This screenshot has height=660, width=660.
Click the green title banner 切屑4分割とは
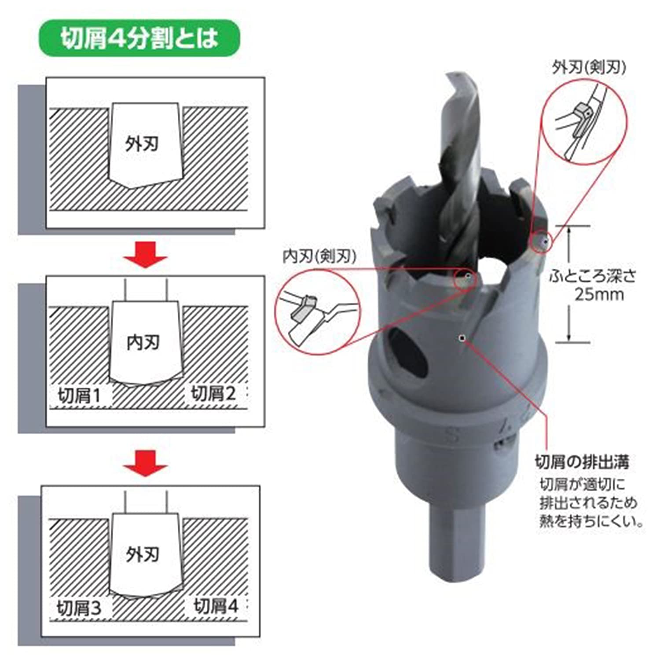[139, 38]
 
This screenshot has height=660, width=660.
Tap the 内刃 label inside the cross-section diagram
[143, 342]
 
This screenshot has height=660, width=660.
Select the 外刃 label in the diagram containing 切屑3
[142, 554]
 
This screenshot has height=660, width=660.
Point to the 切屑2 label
[213, 393]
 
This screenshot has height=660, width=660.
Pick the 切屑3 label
[79, 609]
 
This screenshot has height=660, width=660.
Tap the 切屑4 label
[216, 606]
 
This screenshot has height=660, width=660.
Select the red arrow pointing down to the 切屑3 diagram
[145, 462]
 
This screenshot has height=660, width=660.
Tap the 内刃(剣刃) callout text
[319, 256]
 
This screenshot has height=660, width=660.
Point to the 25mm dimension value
[599, 294]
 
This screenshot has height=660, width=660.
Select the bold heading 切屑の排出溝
[582, 462]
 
